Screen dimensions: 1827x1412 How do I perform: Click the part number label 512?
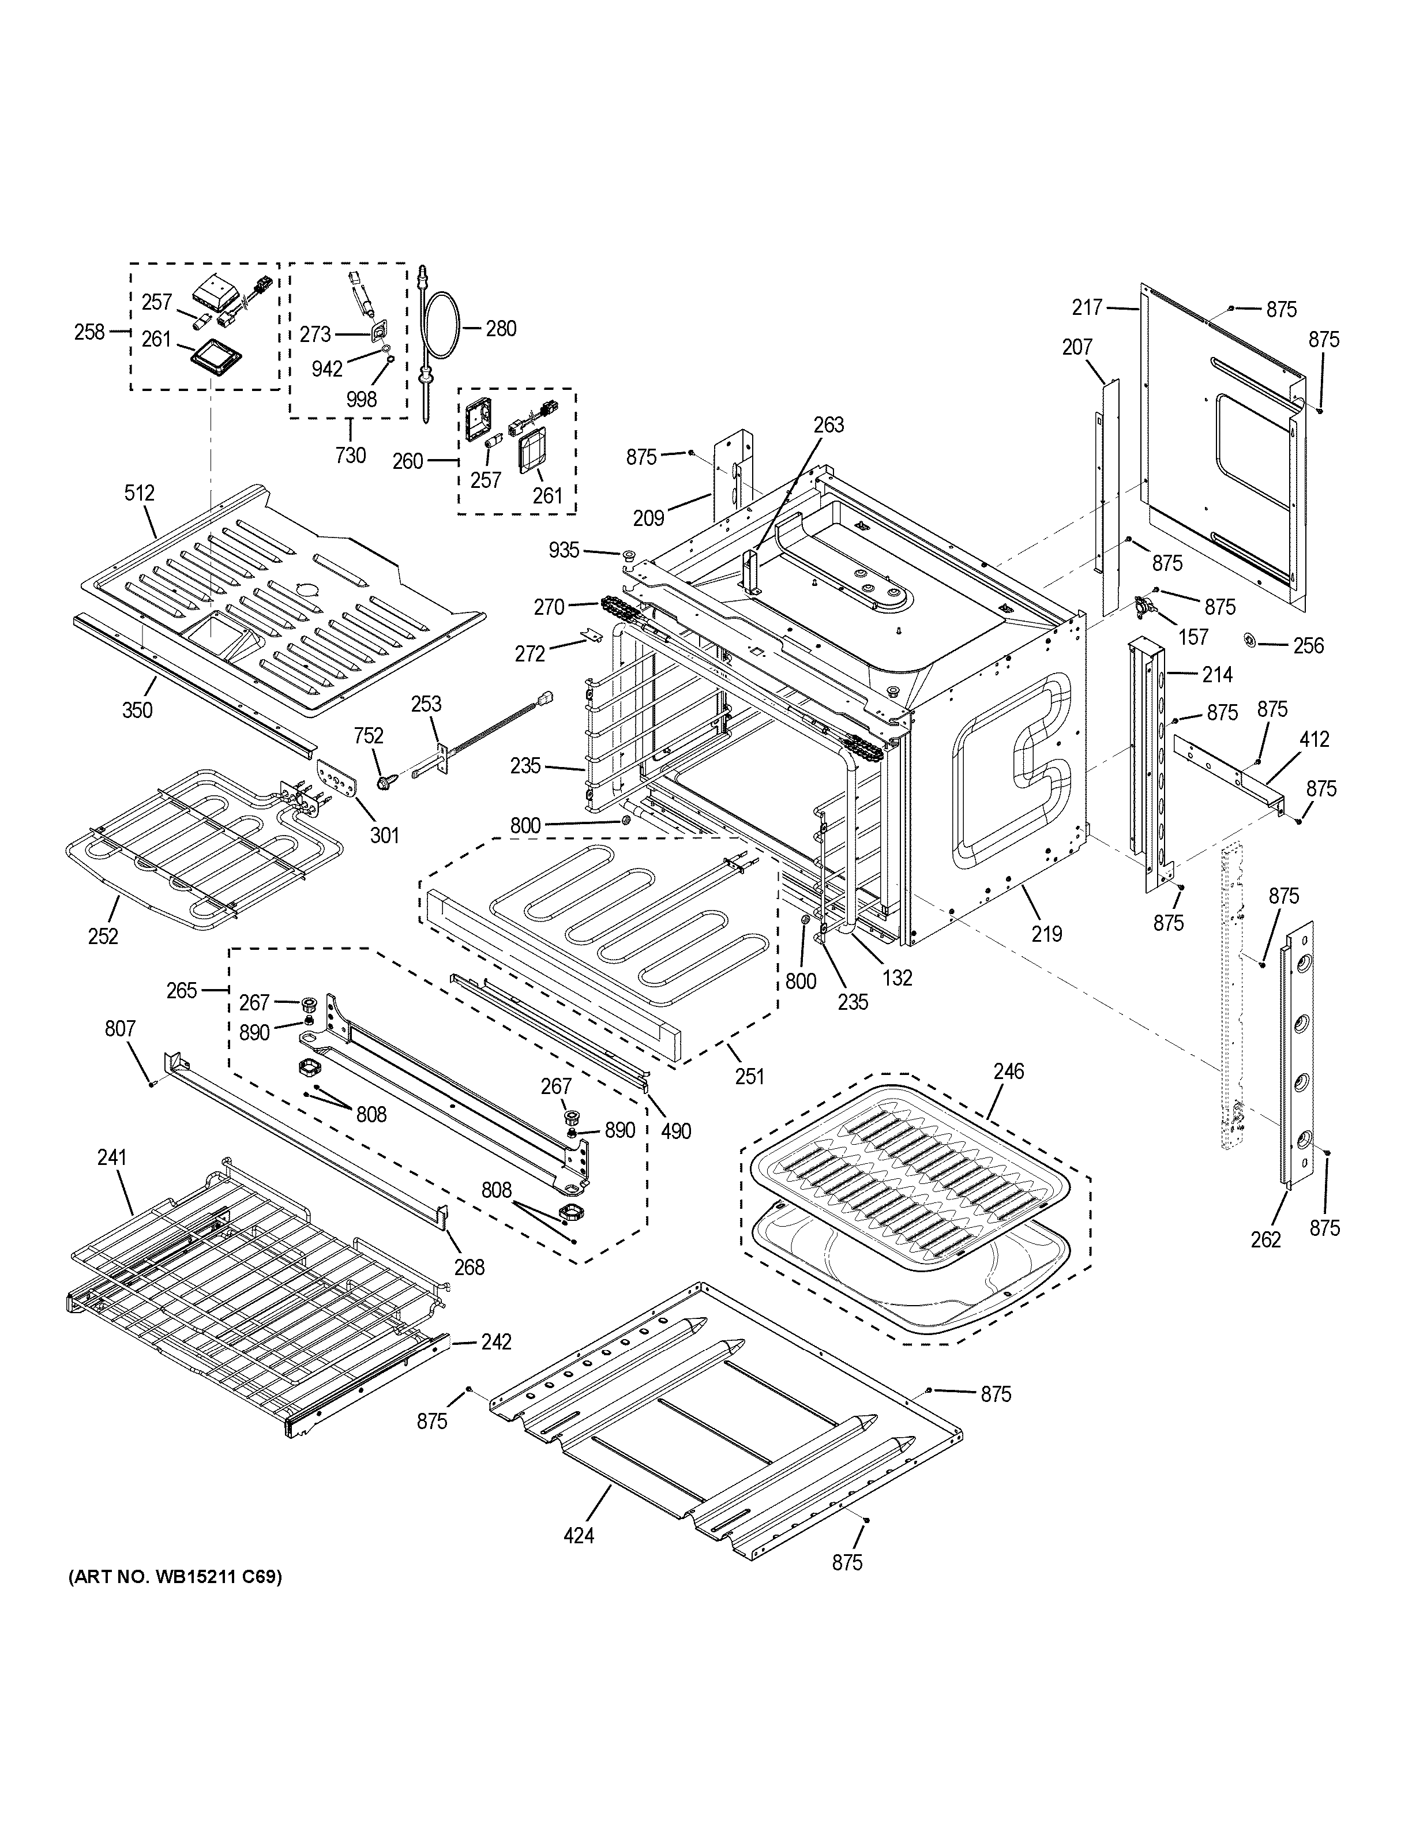(139, 494)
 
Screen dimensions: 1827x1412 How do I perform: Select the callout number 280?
(501, 329)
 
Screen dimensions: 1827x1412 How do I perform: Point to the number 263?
(829, 425)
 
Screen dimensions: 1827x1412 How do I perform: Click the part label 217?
(1087, 308)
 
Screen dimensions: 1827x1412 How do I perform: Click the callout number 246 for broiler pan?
(1009, 1072)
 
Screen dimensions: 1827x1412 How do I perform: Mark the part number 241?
(111, 1158)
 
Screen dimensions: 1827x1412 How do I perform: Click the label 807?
(121, 1029)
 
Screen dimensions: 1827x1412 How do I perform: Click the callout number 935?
(564, 550)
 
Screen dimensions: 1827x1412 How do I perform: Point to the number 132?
(897, 977)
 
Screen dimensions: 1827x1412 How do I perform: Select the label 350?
(137, 710)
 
